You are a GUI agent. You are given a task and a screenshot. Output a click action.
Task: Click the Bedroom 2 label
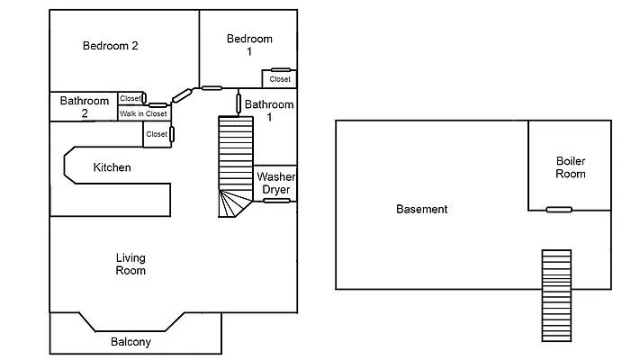click(110, 46)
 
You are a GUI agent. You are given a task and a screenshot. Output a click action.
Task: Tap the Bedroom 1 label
click(249, 45)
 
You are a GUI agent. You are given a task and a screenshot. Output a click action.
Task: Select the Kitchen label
click(113, 167)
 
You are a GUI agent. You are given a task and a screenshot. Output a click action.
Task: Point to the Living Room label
click(131, 265)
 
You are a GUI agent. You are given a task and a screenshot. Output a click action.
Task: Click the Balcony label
click(131, 342)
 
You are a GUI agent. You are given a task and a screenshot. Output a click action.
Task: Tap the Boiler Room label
click(571, 167)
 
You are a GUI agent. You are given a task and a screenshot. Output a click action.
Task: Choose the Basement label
click(421, 210)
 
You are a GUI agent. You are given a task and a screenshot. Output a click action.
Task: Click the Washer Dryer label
click(275, 184)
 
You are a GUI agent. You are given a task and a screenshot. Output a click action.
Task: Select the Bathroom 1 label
click(269, 111)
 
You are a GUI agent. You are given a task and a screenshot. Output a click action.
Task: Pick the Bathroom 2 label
click(85, 107)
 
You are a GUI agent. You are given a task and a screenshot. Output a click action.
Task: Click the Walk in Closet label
click(143, 113)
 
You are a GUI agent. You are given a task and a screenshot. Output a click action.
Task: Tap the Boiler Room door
click(559, 210)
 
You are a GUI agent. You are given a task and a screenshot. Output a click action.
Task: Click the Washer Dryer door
click(276, 201)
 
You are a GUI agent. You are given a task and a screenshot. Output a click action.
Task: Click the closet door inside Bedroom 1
click(280, 69)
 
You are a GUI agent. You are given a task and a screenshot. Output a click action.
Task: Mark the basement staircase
click(555, 294)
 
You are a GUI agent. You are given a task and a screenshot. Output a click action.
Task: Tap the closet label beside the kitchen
click(157, 134)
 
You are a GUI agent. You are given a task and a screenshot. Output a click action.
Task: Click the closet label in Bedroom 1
click(280, 79)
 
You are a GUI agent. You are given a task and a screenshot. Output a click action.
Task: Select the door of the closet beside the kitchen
click(171, 134)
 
